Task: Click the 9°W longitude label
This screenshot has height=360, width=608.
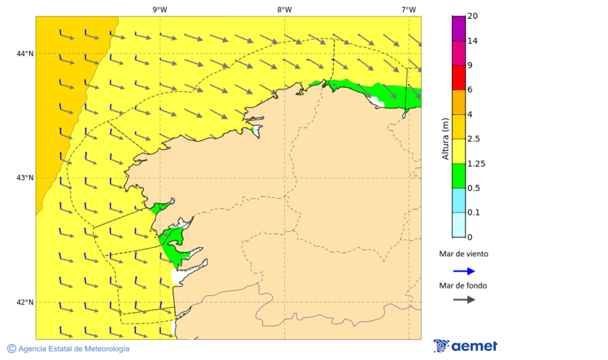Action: coord(159,9)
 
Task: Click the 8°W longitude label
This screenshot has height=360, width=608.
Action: coord(284,9)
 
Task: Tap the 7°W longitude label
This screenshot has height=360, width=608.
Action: coord(408,9)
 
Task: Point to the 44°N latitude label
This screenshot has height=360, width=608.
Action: coord(25,53)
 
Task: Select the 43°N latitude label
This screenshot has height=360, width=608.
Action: coord(25,178)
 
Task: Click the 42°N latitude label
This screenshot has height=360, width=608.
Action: coord(25,302)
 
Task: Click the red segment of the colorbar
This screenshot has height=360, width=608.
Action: coord(459,78)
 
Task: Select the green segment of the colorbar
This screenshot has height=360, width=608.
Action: coord(459,176)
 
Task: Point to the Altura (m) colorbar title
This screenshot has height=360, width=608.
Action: coord(445,138)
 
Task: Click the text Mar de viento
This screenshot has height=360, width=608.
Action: coord(463,255)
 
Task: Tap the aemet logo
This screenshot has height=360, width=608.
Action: coord(465,346)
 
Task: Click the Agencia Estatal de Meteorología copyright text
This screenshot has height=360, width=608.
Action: coord(68,349)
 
